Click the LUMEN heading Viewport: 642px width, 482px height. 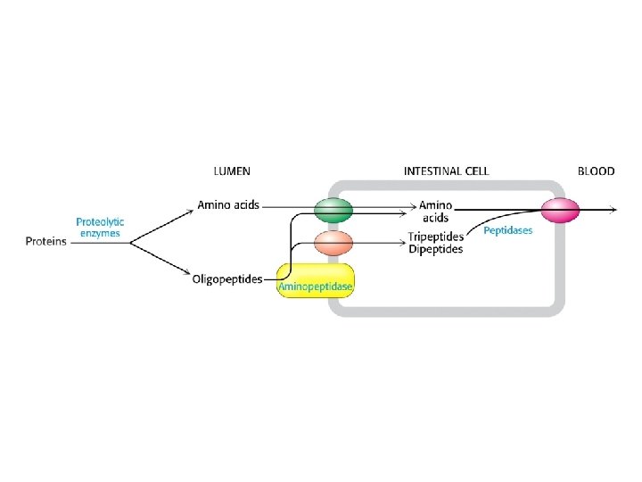231,170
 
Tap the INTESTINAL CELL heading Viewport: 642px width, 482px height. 446,170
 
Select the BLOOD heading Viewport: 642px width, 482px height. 596,170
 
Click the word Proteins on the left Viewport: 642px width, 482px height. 45,241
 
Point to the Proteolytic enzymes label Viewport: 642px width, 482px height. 99,228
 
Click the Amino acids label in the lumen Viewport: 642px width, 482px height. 227,204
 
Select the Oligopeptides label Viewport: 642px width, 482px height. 227,279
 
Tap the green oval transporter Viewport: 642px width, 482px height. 333,210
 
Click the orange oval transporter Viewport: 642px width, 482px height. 333,242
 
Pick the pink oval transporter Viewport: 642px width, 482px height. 560,211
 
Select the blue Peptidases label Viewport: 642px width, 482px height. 507,230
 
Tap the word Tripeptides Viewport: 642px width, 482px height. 435,237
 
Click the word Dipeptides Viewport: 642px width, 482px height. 435,249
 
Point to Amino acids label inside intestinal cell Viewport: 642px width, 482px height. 435,211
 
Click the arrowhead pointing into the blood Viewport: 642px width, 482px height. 613,211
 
